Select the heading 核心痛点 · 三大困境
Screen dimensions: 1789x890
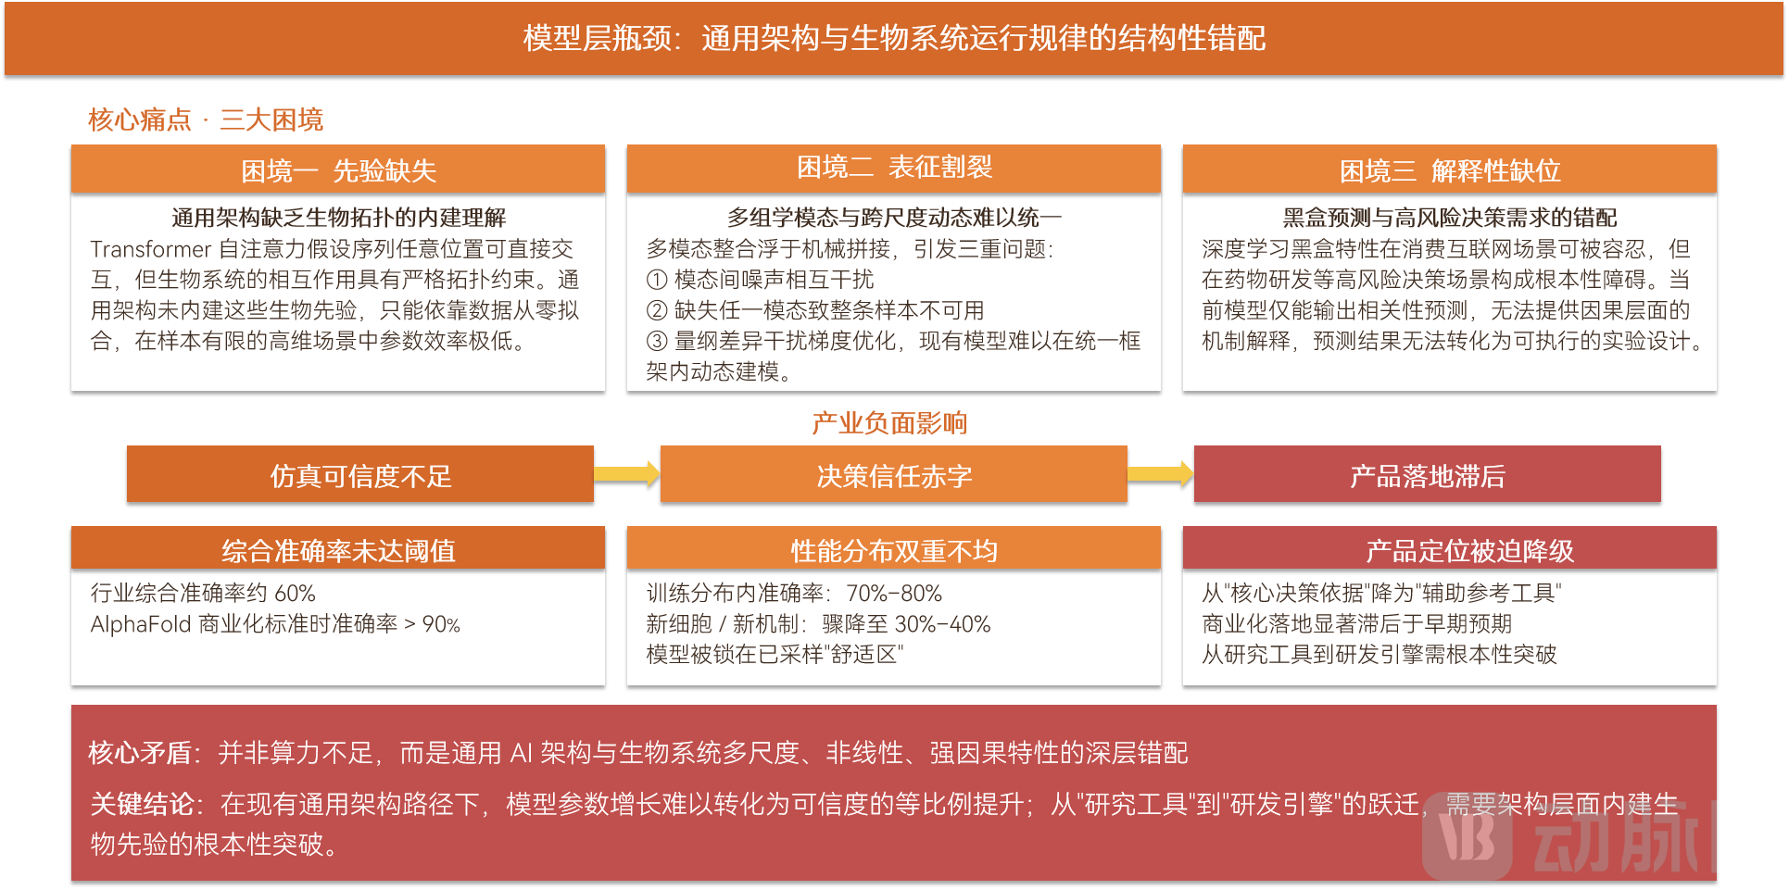(x=206, y=119)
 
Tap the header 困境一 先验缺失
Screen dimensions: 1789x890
(x=338, y=170)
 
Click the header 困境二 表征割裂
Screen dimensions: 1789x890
(x=894, y=168)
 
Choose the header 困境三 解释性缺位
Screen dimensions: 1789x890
(x=1450, y=170)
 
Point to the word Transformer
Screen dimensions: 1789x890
(x=151, y=249)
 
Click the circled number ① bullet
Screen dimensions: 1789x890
(x=657, y=280)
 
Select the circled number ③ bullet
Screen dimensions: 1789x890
(x=657, y=341)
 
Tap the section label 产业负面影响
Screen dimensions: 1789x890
(x=889, y=423)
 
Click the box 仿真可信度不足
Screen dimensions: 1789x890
(x=360, y=475)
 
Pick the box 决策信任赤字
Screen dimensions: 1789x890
(x=894, y=475)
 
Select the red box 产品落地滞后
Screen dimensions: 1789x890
(x=1428, y=475)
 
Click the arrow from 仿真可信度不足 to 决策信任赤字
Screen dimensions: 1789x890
(x=627, y=474)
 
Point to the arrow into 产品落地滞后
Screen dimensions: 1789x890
(x=1161, y=474)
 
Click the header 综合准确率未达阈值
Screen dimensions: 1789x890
(x=338, y=550)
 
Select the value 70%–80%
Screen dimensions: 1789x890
(x=894, y=594)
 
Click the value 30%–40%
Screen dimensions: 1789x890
(x=943, y=624)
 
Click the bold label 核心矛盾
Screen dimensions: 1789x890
(x=140, y=753)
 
